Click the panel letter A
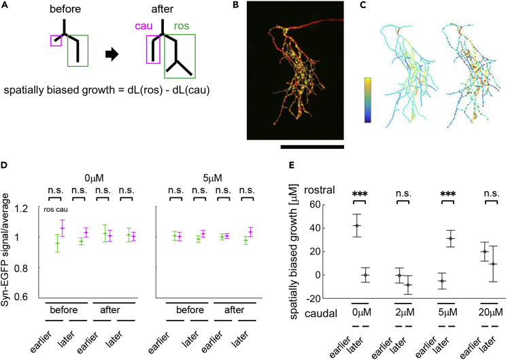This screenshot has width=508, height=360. [5, 5]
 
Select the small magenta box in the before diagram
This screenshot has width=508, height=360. [56, 41]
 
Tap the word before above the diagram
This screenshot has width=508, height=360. [67, 10]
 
